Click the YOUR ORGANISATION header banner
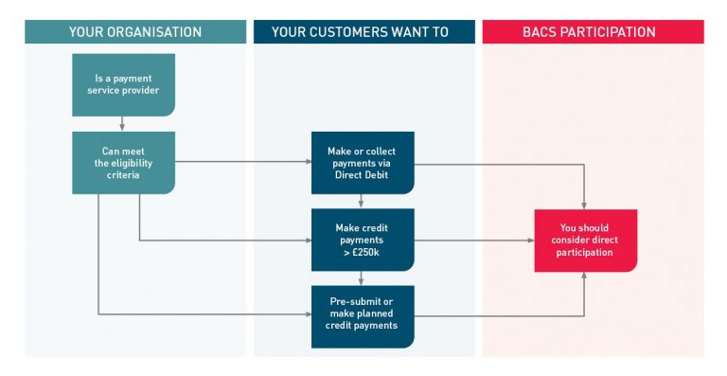point(134,32)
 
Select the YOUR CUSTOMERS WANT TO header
point(363,32)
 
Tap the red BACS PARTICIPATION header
point(593,32)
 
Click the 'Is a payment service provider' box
point(123,84)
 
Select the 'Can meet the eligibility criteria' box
point(123,162)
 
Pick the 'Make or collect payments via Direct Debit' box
point(363,162)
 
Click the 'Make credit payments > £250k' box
point(363,240)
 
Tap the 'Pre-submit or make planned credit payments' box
point(363,316)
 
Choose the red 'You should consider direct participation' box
point(584,240)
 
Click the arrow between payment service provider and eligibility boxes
point(123,123)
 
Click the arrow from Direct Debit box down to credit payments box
point(363,201)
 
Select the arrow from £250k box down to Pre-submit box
point(363,278)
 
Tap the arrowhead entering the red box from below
point(584,276)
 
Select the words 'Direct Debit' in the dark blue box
point(363,175)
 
